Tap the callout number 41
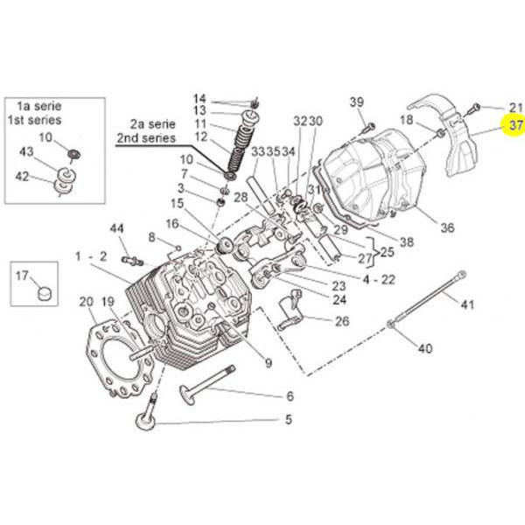pyautogui.click(x=466, y=304)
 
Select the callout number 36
pyautogui.click(x=447, y=227)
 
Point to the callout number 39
pyautogui.click(x=357, y=103)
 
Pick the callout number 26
pyautogui.click(x=341, y=321)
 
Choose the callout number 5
pyautogui.click(x=288, y=419)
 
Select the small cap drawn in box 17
pyautogui.click(x=42, y=288)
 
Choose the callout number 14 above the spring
pyautogui.click(x=199, y=98)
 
